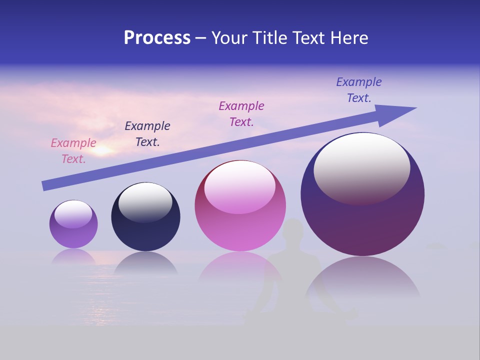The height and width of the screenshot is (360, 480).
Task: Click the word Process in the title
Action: [157, 38]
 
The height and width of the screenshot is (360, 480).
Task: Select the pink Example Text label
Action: [73, 150]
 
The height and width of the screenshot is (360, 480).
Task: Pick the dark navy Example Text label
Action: [147, 133]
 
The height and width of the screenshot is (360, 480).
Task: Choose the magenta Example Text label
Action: [241, 113]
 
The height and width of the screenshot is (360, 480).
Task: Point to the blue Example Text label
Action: [359, 89]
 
